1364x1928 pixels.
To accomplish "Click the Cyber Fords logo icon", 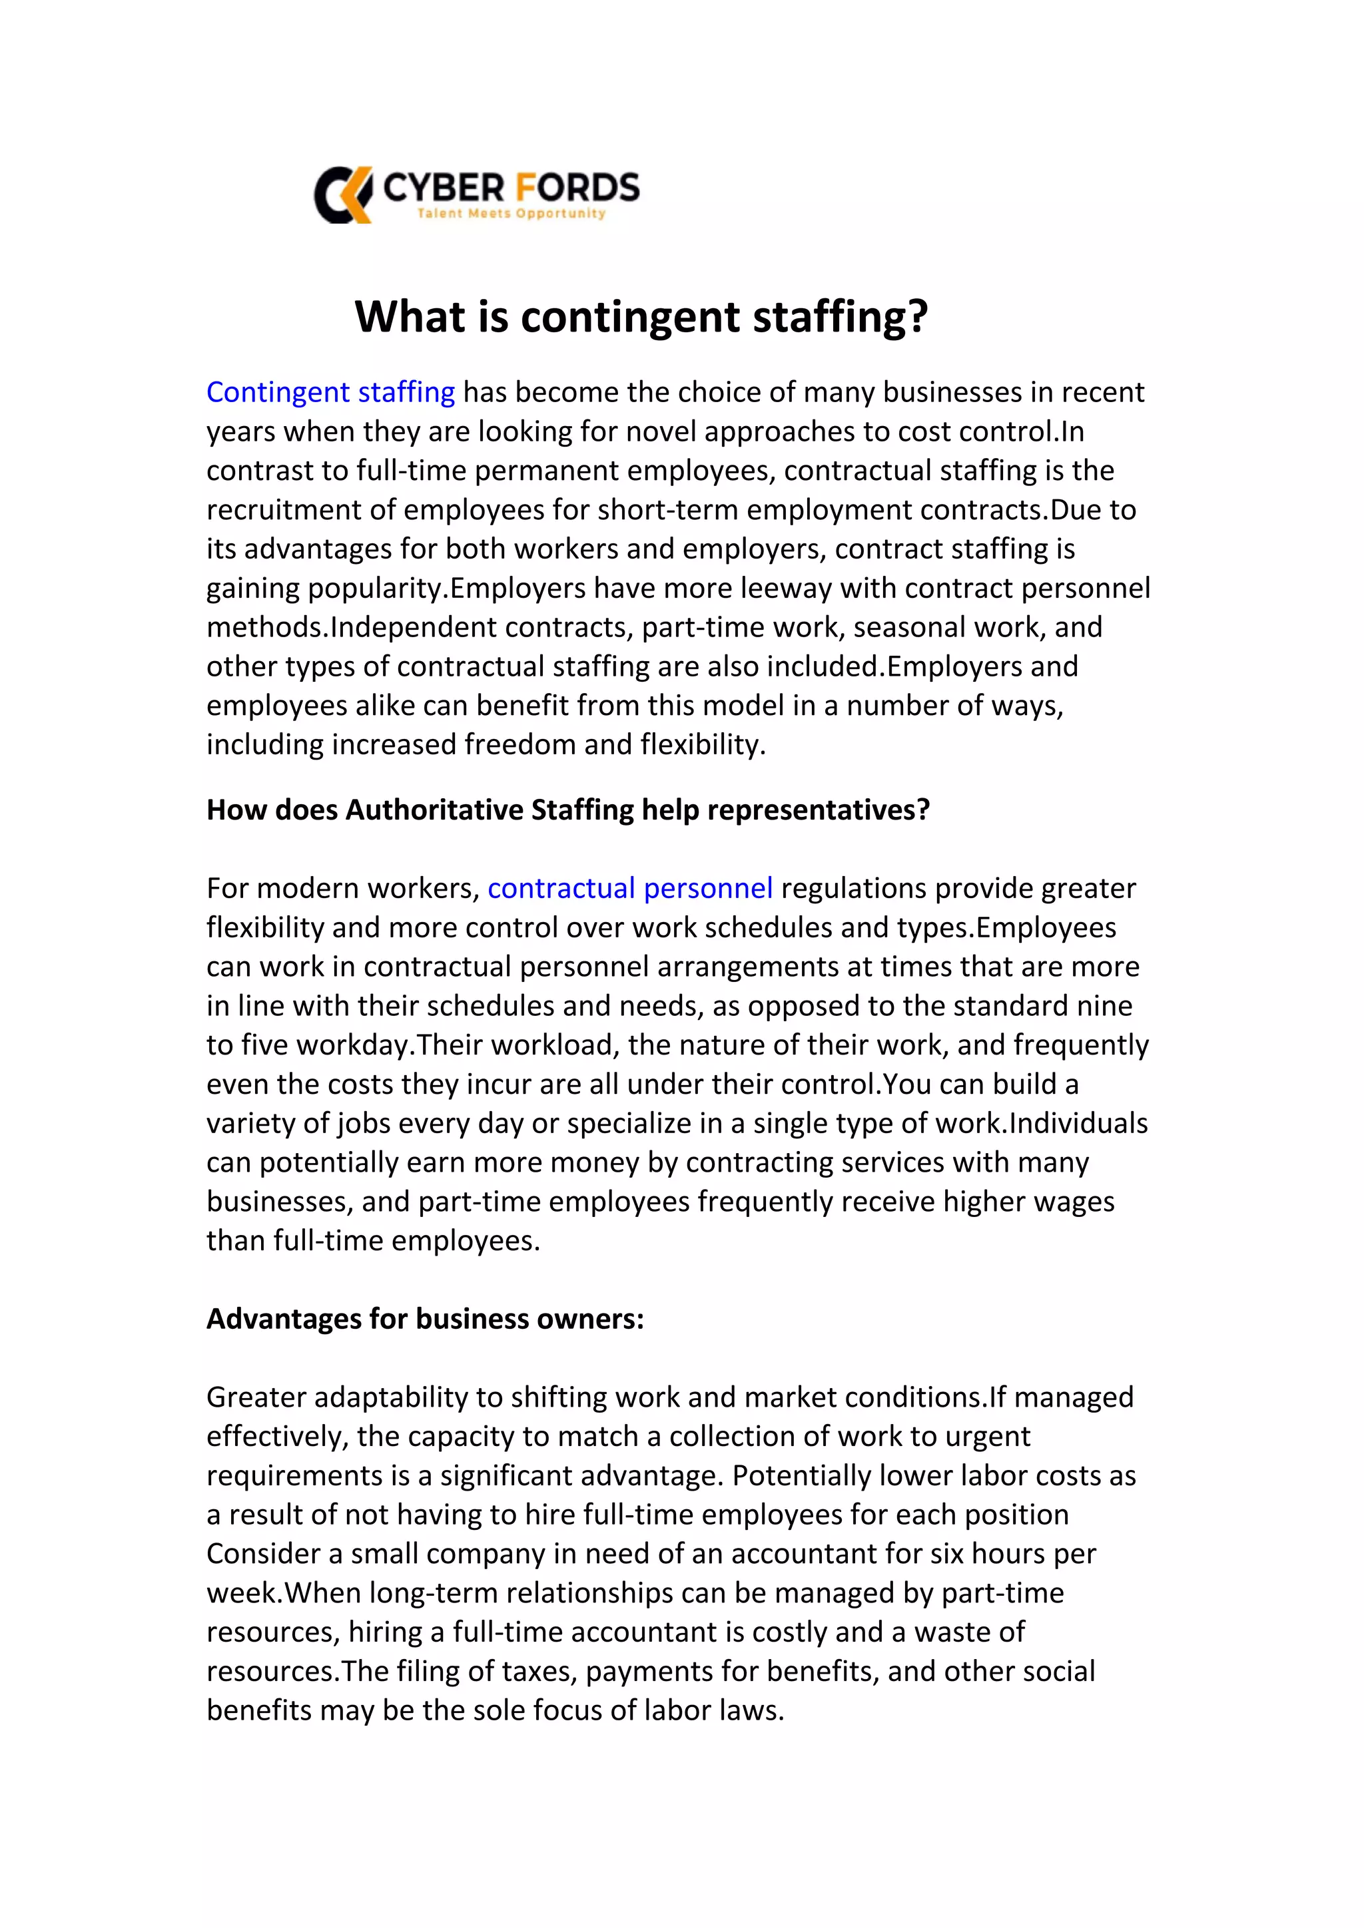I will point(343,195).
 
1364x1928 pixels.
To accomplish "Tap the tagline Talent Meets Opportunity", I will point(511,213).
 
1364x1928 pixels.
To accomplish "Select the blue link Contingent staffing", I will point(330,392).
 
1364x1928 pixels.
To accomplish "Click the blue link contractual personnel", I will point(630,888).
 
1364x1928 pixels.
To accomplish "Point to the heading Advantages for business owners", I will point(425,1320).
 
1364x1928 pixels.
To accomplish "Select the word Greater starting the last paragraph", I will point(256,1397).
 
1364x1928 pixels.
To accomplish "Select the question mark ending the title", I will point(916,318).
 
